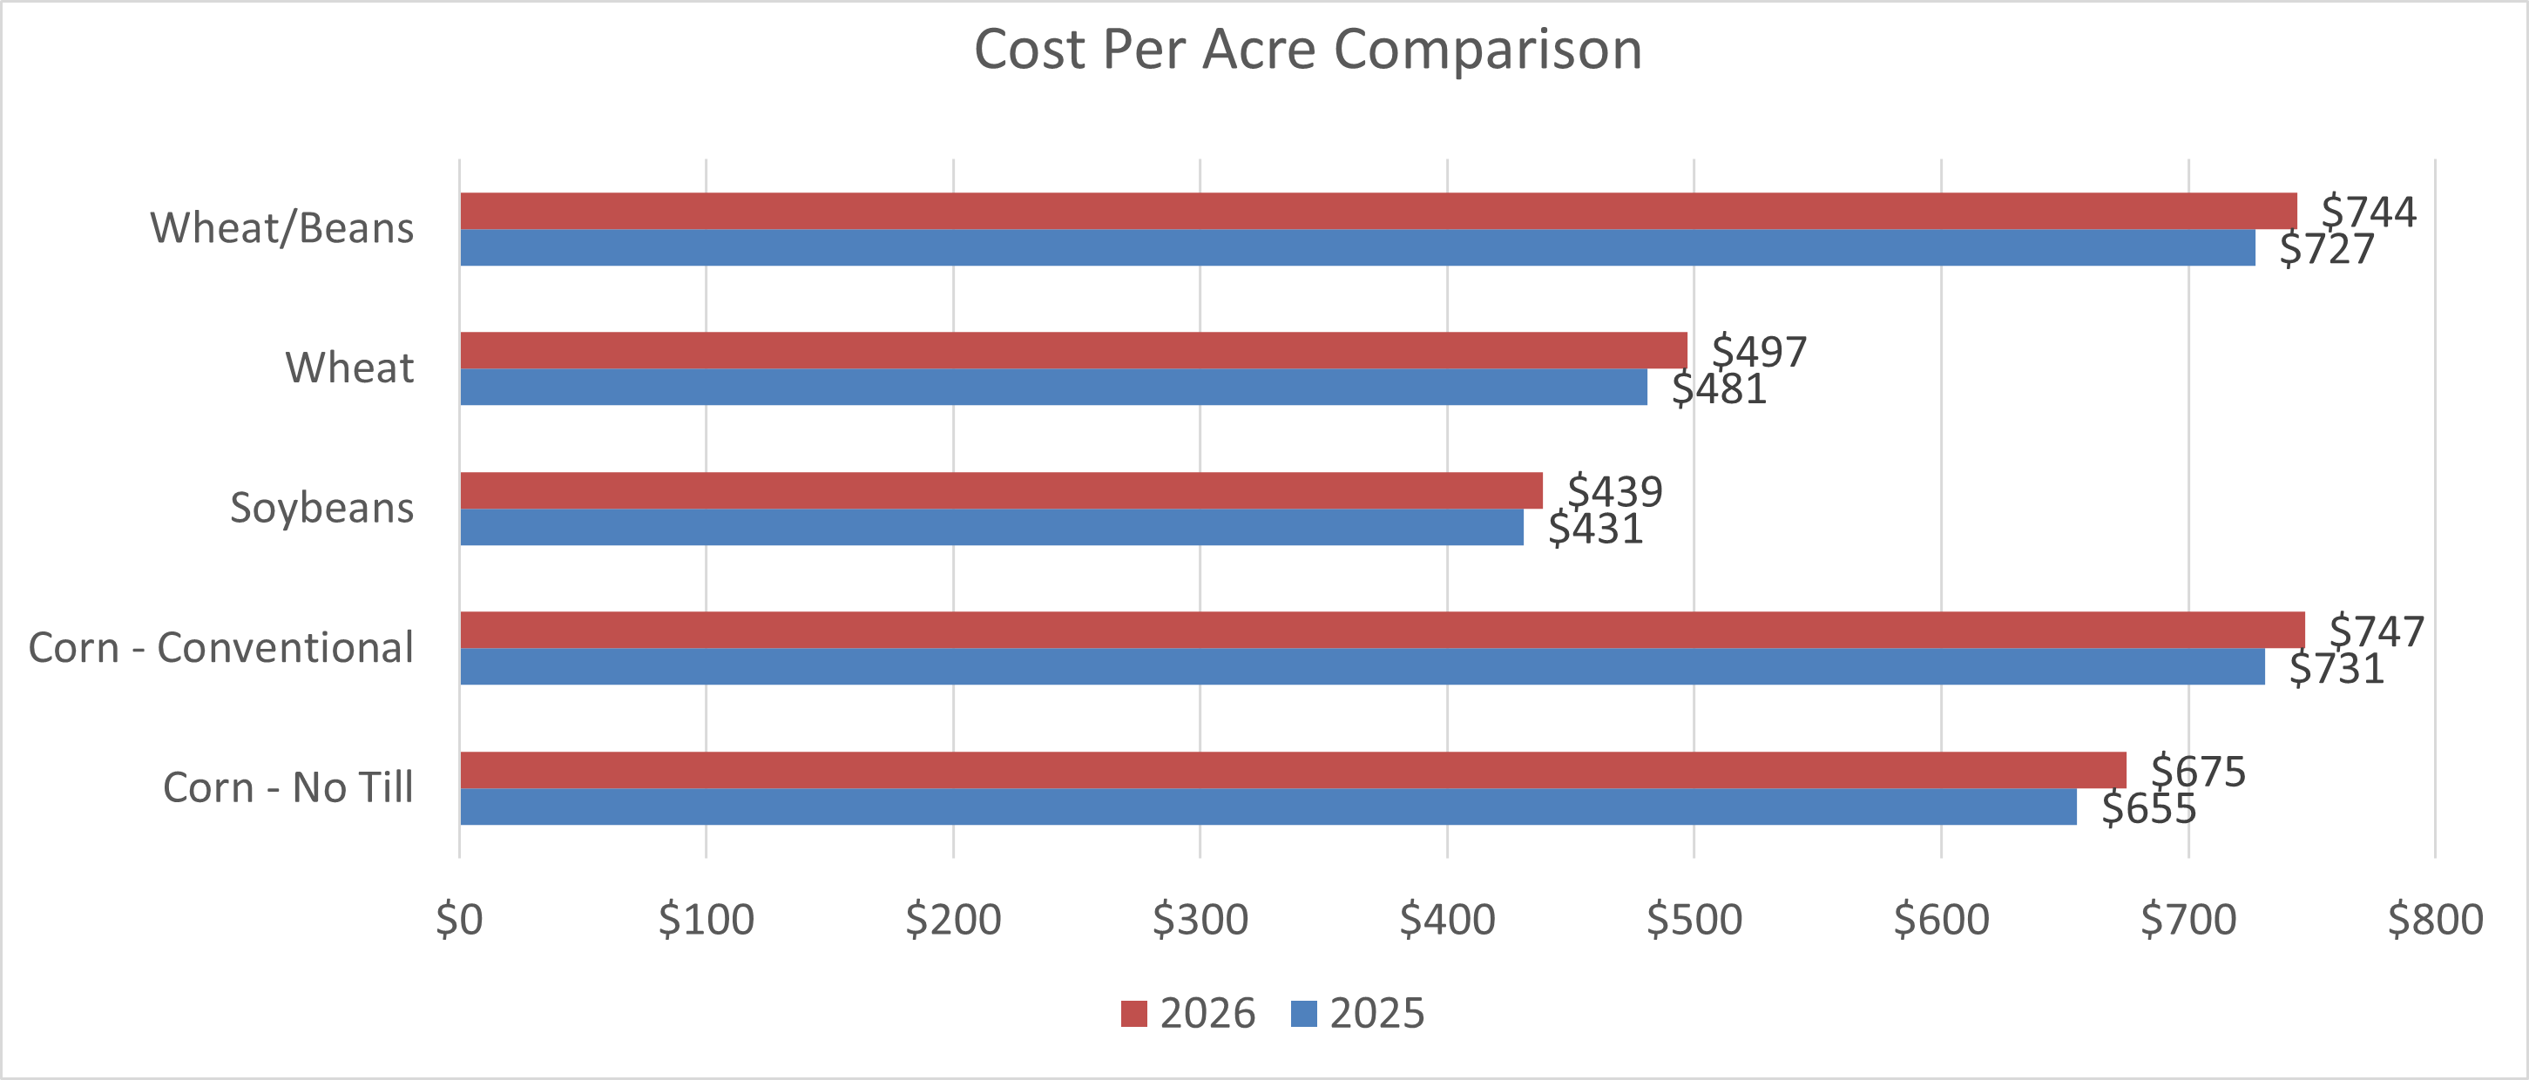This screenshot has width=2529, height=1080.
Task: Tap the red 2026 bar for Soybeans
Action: (x=1001, y=490)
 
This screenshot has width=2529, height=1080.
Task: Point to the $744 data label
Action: (x=2368, y=212)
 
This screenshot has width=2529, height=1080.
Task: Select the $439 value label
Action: (x=1614, y=491)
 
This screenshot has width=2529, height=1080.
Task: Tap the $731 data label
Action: (x=2336, y=670)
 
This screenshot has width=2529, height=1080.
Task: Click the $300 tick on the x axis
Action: (x=1200, y=920)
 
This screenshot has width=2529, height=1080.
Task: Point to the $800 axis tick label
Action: (x=2435, y=920)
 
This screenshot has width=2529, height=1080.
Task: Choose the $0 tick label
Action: (x=459, y=920)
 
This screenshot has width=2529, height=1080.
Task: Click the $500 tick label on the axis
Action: (x=1694, y=920)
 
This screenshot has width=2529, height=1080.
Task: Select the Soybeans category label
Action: (x=321, y=509)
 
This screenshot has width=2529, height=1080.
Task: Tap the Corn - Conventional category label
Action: (x=221, y=648)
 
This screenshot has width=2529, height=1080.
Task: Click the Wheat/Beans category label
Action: (x=281, y=229)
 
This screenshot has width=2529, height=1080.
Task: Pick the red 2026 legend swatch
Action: (x=1134, y=1013)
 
